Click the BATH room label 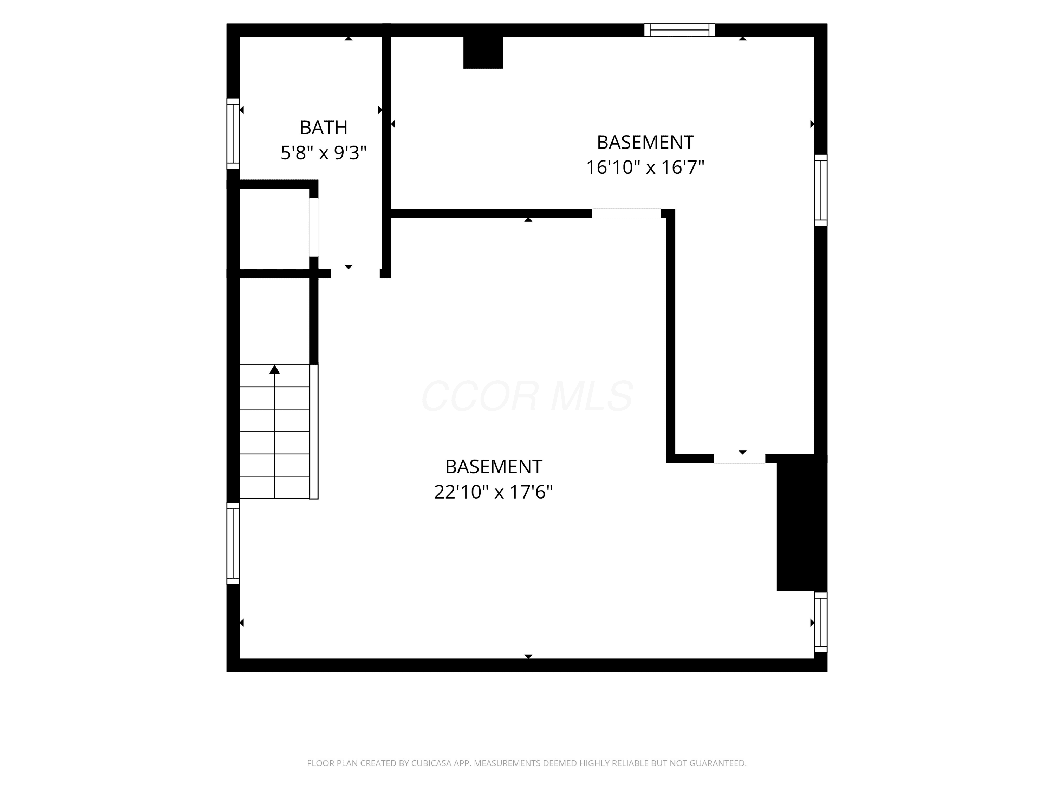[x=324, y=127]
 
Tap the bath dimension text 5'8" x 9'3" [x=324, y=153]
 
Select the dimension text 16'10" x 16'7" [x=645, y=167]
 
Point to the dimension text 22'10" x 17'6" [x=494, y=492]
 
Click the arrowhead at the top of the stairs [x=274, y=369]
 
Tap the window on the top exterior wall [x=679, y=30]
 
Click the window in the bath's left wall [x=233, y=134]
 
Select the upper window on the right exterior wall [x=820, y=190]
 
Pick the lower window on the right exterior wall [x=820, y=622]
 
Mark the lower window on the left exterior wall [x=233, y=543]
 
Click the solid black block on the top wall [x=483, y=52]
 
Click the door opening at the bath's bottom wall [x=356, y=273]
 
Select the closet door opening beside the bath [x=313, y=227]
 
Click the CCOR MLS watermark [x=527, y=396]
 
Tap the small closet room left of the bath [x=274, y=229]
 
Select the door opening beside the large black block [x=740, y=459]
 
